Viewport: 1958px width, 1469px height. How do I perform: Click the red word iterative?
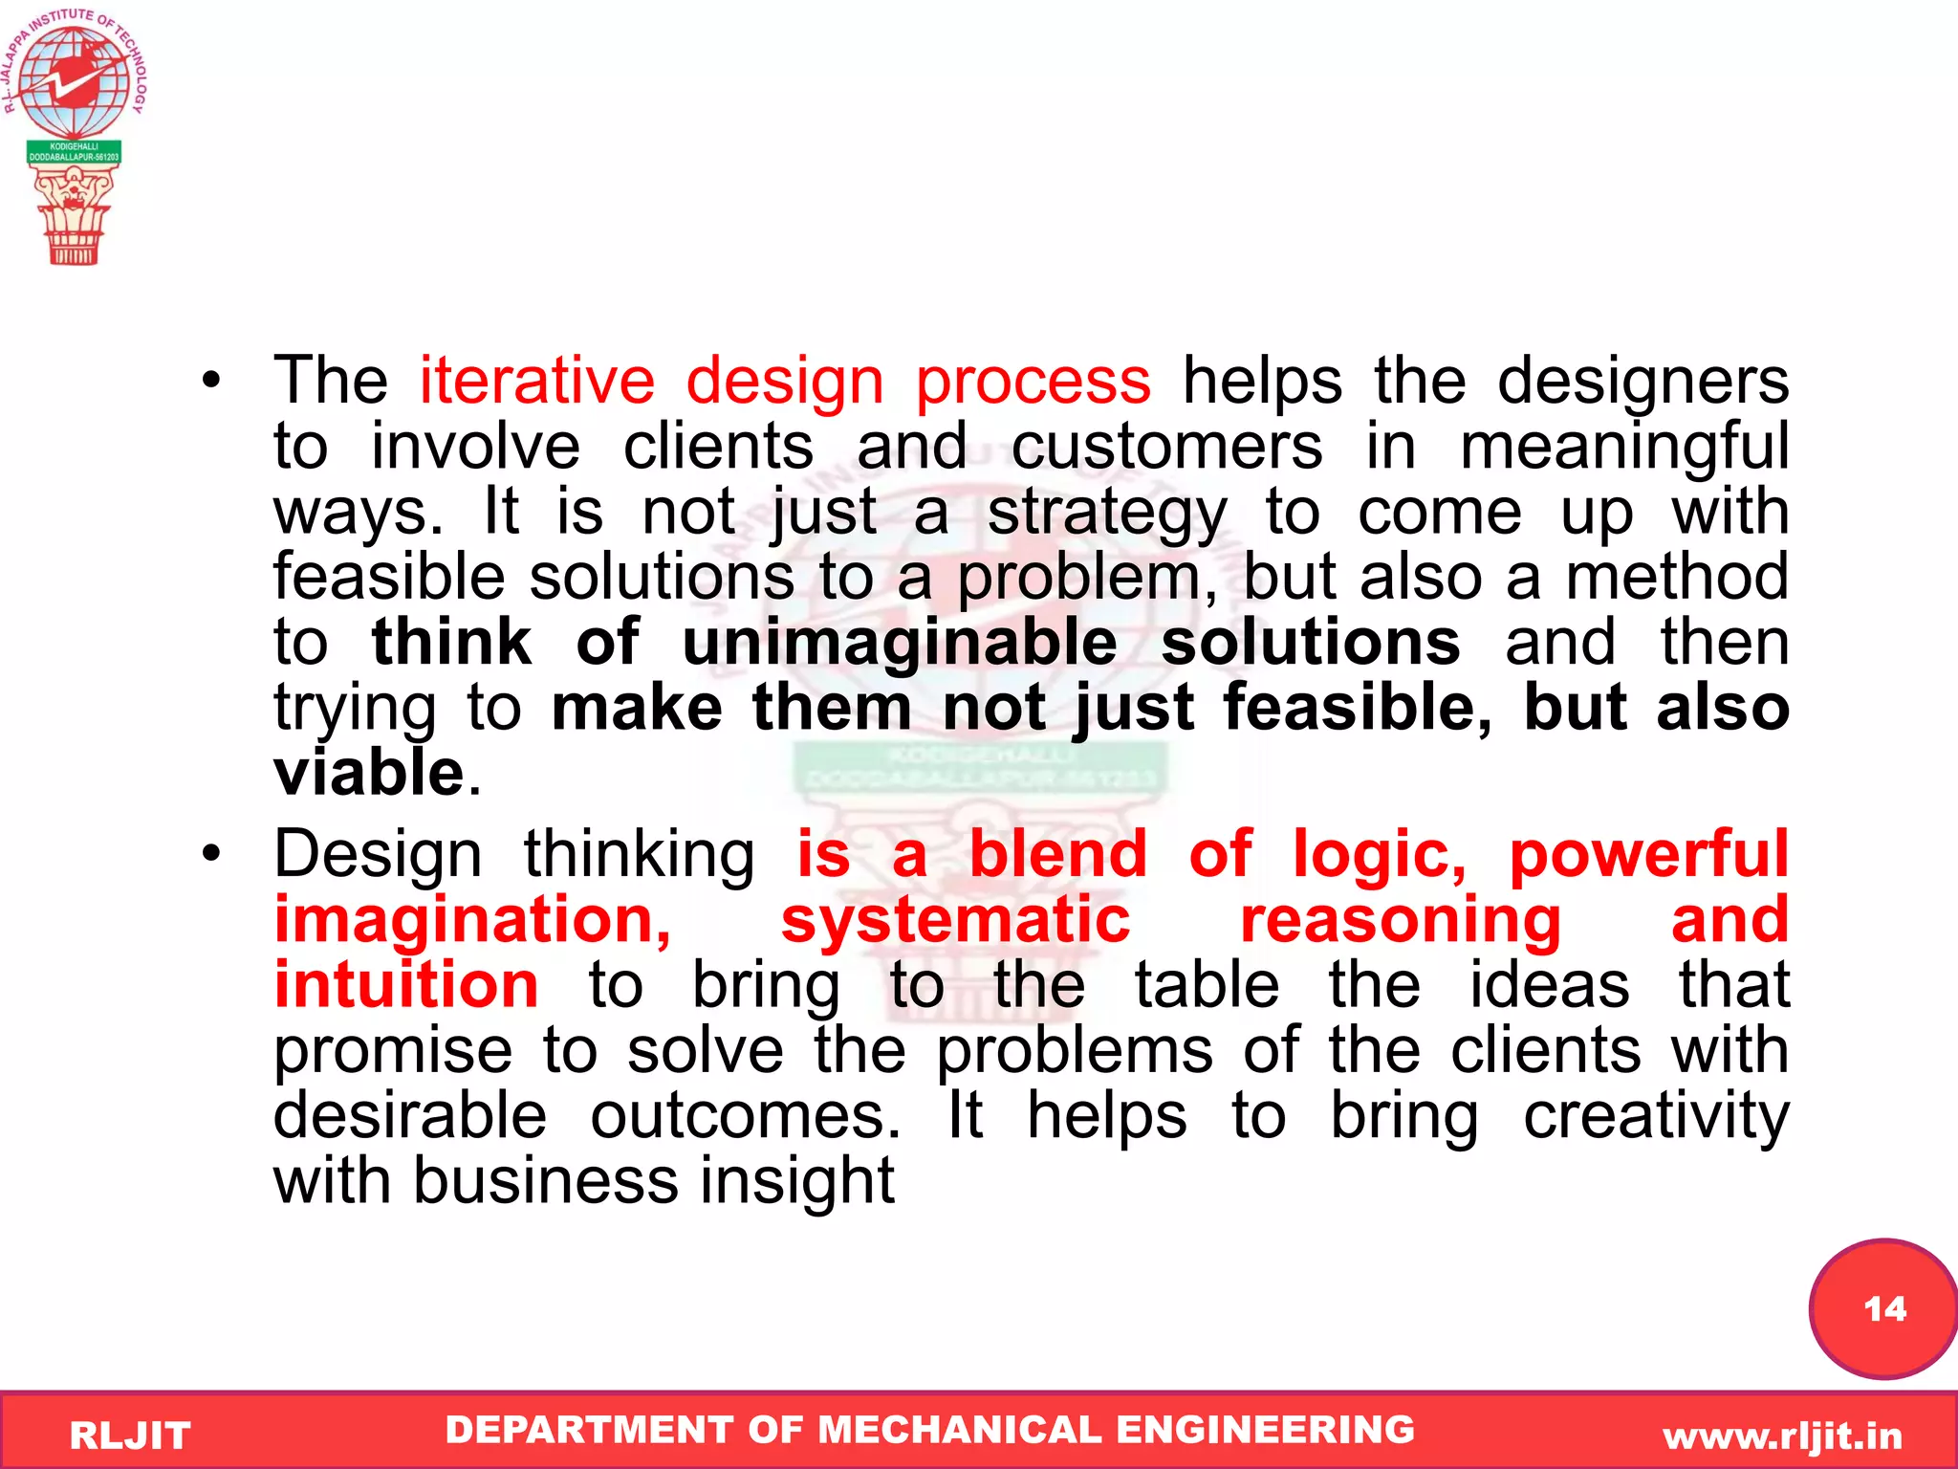[x=536, y=382]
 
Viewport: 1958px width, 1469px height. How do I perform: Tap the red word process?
[x=1033, y=382]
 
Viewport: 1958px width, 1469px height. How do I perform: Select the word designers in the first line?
[x=1643, y=382]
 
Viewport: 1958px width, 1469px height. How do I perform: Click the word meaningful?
[x=1623, y=447]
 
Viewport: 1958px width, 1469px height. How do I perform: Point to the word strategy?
[x=1106, y=513]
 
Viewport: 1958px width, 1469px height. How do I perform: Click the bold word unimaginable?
[x=899, y=643]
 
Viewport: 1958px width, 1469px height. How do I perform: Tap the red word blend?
[x=1057, y=853]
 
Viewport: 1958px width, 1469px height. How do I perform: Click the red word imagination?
[x=472, y=920]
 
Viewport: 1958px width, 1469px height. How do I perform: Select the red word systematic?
[x=955, y=920]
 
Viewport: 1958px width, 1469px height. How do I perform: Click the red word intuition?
[x=406, y=985]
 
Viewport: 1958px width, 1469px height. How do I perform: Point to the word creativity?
[x=1656, y=1116]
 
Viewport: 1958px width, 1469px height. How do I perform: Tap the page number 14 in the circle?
[x=1884, y=1308]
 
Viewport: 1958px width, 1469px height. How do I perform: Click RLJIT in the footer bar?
[x=130, y=1436]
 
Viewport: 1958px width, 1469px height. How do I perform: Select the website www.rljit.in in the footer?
[x=1782, y=1436]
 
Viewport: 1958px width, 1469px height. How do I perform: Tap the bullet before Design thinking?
[x=211, y=853]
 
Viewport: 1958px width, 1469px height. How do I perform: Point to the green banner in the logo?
[x=74, y=152]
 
